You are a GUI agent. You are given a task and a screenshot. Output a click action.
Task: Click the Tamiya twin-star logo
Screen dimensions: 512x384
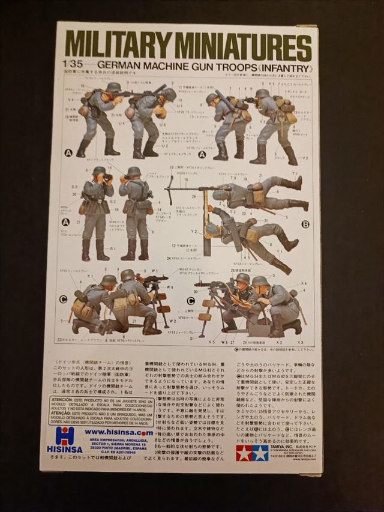pyautogui.click(x=252, y=453)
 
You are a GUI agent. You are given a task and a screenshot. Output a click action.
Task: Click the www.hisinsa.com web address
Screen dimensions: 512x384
pyautogui.click(x=118, y=432)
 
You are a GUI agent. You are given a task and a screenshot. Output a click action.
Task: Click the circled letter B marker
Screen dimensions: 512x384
pyautogui.click(x=305, y=224)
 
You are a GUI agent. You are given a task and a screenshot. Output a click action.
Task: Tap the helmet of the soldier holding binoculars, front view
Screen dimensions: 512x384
pyautogui.click(x=99, y=171)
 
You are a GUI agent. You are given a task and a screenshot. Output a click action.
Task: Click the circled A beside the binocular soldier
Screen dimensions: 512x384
pyautogui.click(x=65, y=222)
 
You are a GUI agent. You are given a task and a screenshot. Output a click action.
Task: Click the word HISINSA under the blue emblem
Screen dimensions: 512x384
pyautogui.click(x=65, y=450)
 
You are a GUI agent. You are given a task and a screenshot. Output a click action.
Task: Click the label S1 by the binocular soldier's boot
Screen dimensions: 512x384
pyautogui.click(x=112, y=247)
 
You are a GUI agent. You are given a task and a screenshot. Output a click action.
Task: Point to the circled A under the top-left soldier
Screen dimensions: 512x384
pyautogui.click(x=68, y=153)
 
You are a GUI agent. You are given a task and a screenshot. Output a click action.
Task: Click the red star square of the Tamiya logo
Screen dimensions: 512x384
pyautogui.click(x=244, y=453)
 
